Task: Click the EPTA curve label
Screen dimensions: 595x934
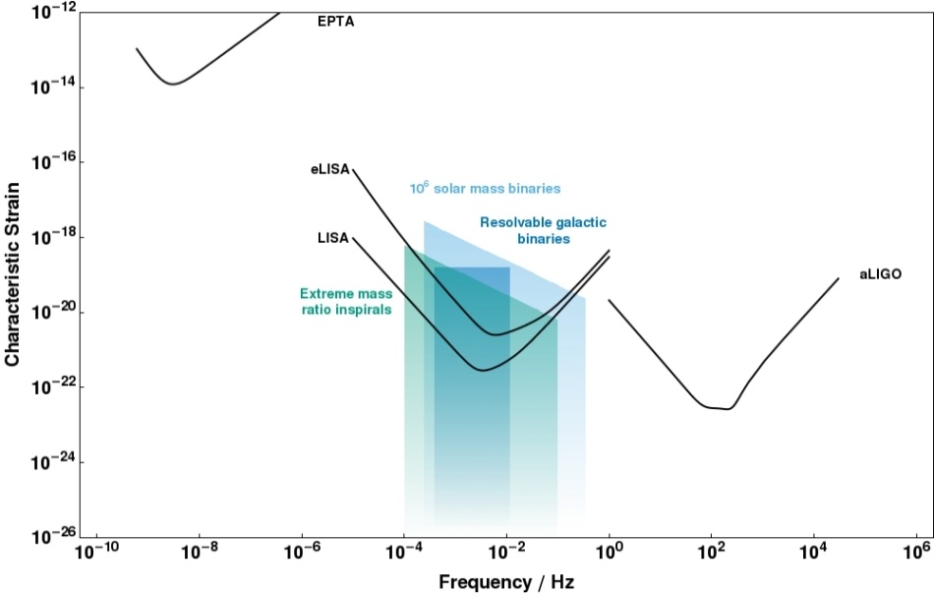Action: pyautogui.click(x=335, y=21)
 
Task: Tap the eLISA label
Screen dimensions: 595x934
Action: pyautogui.click(x=329, y=170)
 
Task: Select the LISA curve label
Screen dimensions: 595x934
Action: pyautogui.click(x=332, y=238)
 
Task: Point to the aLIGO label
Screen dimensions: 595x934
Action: pyautogui.click(x=881, y=275)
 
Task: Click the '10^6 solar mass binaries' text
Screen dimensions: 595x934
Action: pyautogui.click(x=485, y=188)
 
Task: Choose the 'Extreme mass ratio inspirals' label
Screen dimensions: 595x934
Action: pyautogui.click(x=345, y=301)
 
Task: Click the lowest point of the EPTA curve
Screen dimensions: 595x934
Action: pyautogui.click(x=173, y=84)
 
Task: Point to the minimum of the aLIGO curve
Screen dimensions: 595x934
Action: pyautogui.click(x=728, y=408)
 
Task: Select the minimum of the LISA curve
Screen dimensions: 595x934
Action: pyautogui.click(x=482, y=370)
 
